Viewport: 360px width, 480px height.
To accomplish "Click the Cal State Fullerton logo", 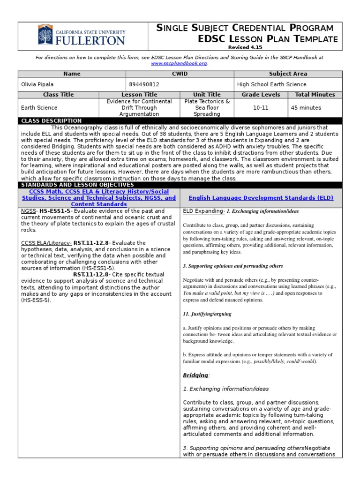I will (x=81, y=35).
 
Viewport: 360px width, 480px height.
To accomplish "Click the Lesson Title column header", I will (x=139, y=95).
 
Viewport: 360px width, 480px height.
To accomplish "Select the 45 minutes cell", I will (x=305, y=107).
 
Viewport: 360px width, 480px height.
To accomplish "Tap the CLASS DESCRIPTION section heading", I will (x=52, y=121).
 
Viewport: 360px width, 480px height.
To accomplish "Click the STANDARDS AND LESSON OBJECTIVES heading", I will (x=77, y=185).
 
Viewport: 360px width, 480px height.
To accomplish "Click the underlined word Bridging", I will (x=195, y=375).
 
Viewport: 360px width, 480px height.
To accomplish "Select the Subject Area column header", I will (x=288, y=74).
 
